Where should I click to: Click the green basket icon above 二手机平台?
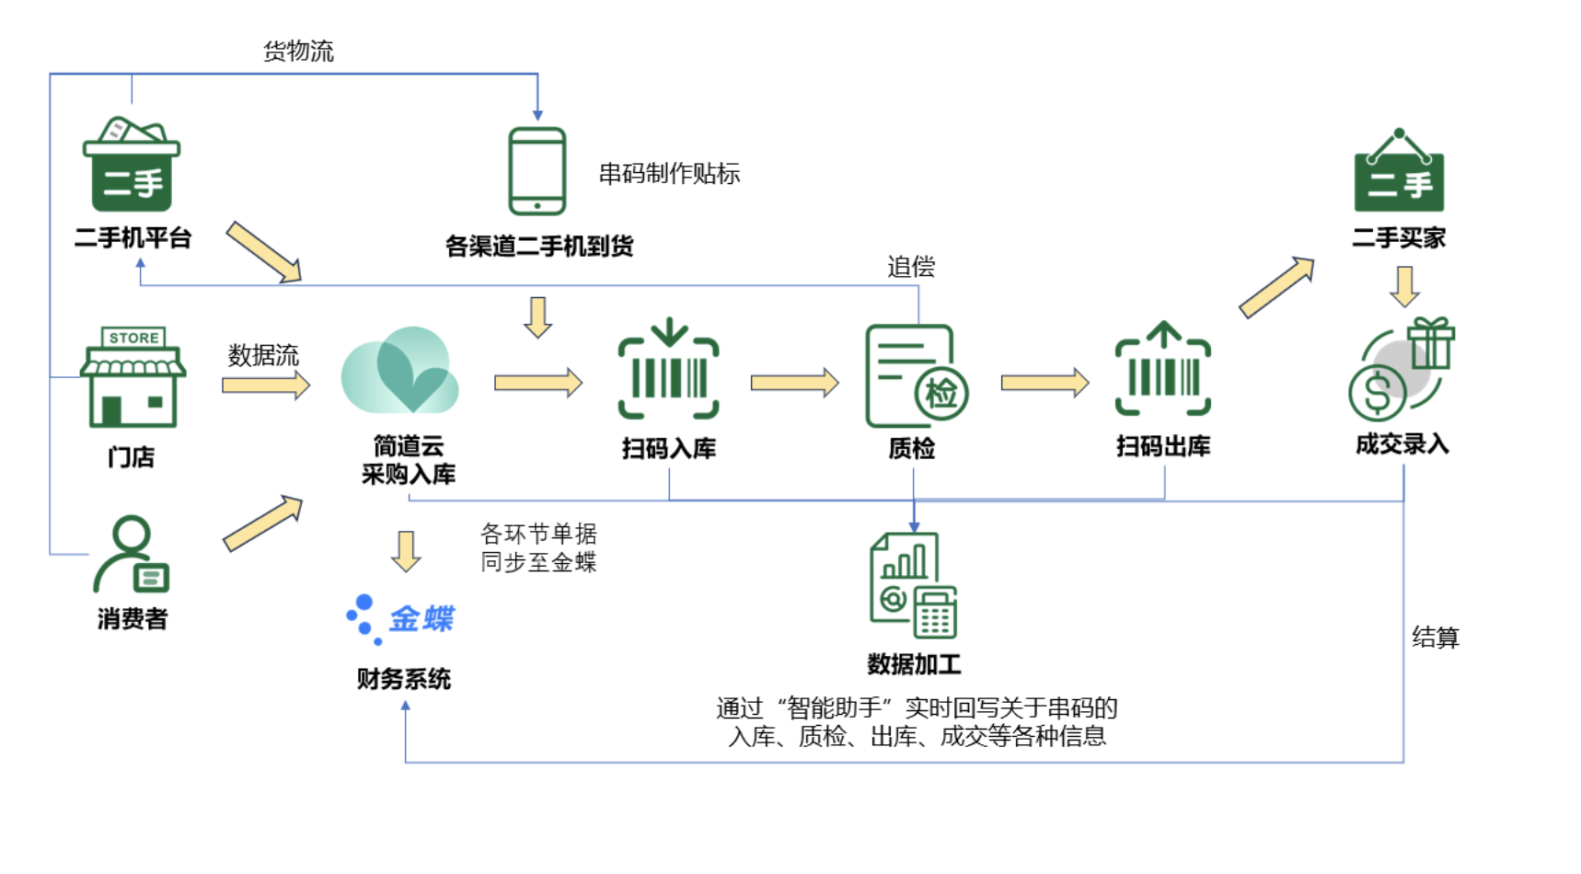click(132, 166)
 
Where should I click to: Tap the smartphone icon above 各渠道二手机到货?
click(537, 171)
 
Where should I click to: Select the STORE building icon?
click(133, 377)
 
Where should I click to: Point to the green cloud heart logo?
click(400, 372)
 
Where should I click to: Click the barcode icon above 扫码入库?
click(669, 370)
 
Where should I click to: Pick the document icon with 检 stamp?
click(915, 376)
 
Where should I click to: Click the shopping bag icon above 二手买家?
click(1399, 173)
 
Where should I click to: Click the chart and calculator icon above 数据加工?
click(914, 586)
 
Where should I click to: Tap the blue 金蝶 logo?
click(401, 619)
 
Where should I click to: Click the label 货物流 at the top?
click(298, 51)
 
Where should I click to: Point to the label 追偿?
click(911, 267)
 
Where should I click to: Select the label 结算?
click(1436, 637)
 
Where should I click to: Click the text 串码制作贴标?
click(669, 173)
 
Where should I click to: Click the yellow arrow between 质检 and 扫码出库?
click(1044, 382)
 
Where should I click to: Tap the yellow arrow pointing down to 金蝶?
click(406, 551)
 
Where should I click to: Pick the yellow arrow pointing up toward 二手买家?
click(1276, 286)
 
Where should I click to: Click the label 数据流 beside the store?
click(263, 355)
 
